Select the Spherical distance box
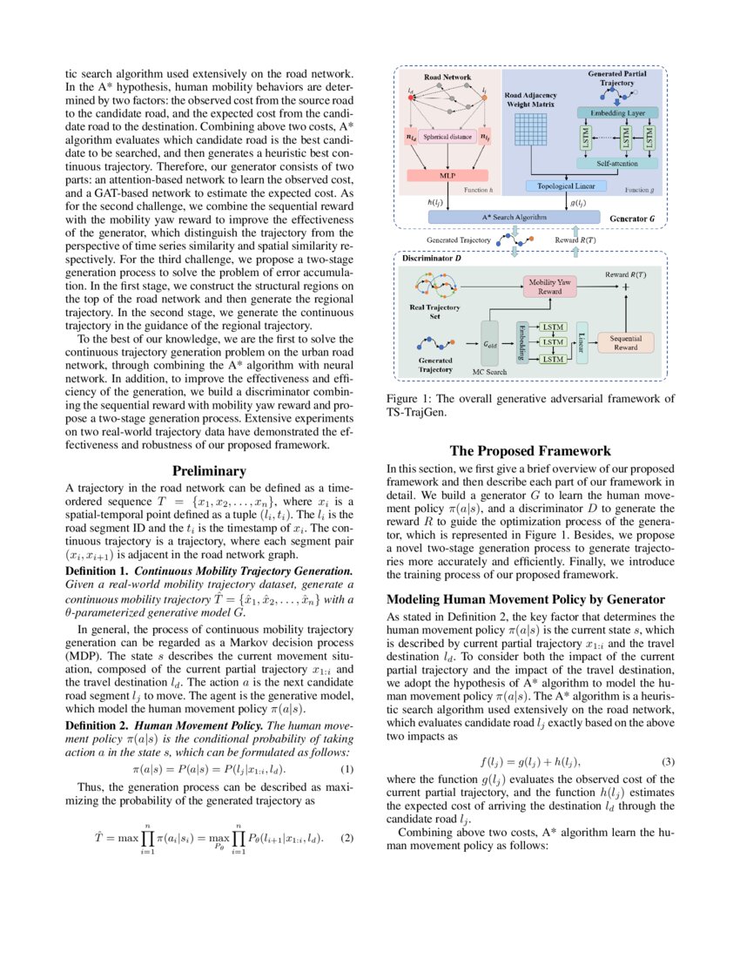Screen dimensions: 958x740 449,138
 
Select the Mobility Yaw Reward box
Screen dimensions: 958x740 550,287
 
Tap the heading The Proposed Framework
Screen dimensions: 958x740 530,451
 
